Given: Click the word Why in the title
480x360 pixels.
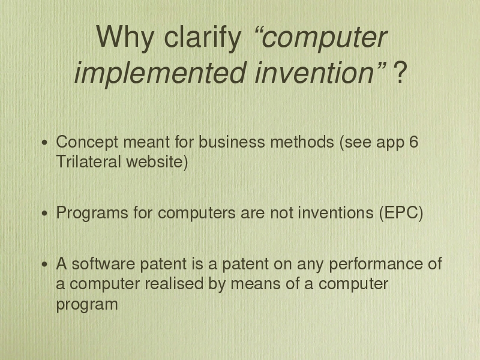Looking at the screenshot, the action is tap(125, 37).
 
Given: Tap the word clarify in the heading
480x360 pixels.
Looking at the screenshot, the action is tap(203, 37).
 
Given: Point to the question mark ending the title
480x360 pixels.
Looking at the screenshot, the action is tap(400, 72).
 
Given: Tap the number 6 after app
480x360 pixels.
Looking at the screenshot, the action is tap(413, 142).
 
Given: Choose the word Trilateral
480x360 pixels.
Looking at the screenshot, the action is tap(88, 161).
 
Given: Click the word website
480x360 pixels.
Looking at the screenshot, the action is tap(155, 161).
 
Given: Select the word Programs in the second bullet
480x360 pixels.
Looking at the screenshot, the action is tap(92, 213).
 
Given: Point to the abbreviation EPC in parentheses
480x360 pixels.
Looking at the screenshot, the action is tap(401, 212).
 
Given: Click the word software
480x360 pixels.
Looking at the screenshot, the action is tap(103, 264).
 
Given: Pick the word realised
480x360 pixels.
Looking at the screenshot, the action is tap(174, 283).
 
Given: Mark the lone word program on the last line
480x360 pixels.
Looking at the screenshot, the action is tap(87, 305).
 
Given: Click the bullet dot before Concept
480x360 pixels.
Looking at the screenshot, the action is tap(45, 143).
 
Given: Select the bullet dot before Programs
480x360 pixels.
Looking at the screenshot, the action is tap(45, 213).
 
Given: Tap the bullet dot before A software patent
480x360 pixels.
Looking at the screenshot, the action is tap(45, 264).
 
